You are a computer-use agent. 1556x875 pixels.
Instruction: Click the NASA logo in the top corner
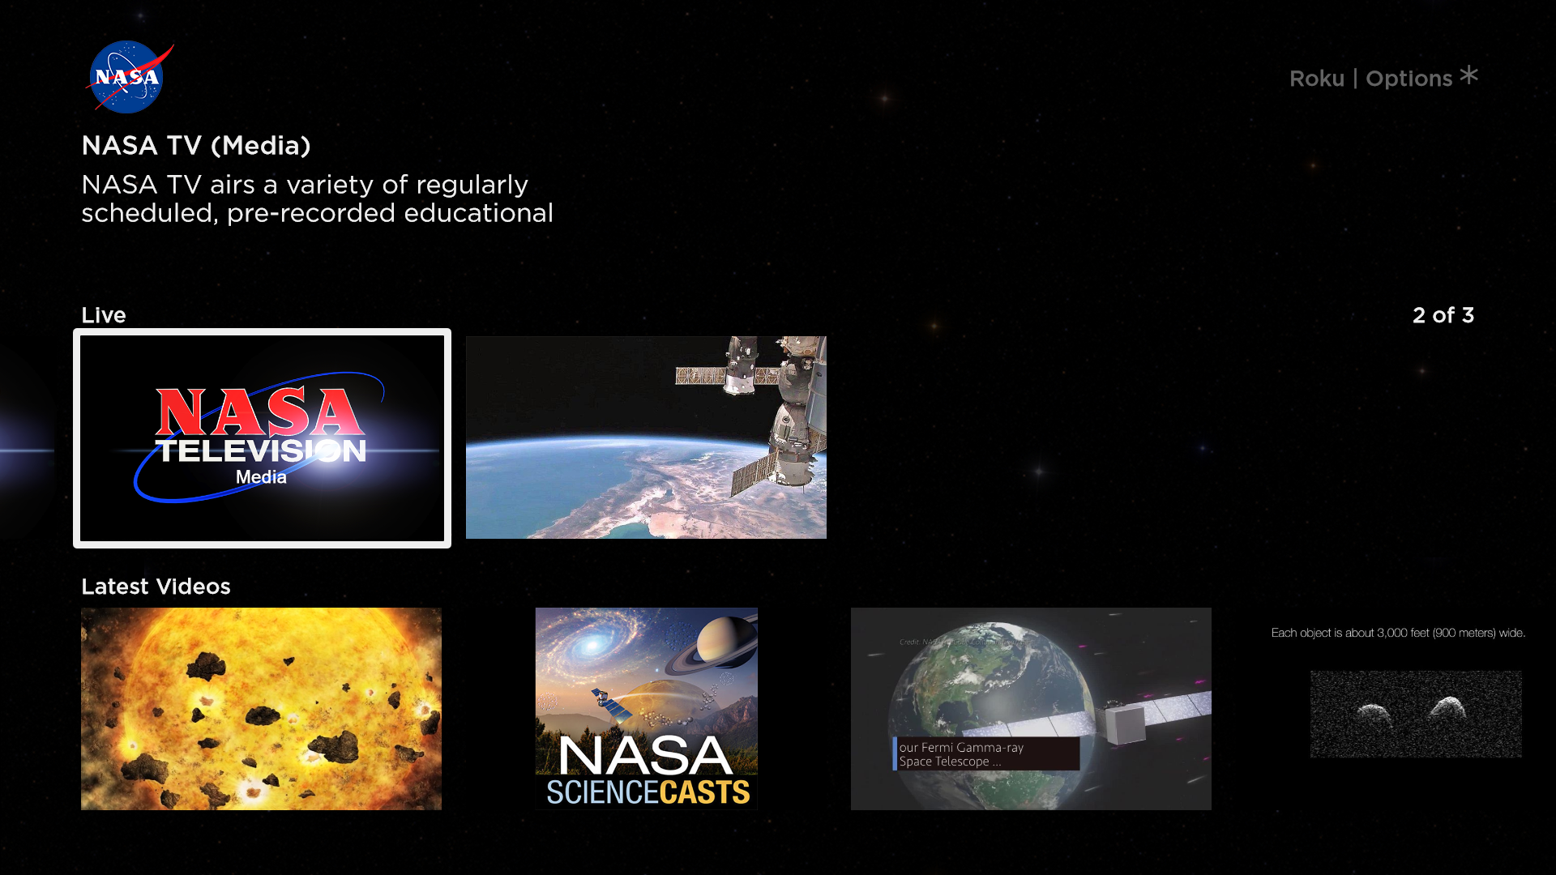127,77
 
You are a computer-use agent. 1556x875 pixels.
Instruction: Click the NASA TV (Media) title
196,146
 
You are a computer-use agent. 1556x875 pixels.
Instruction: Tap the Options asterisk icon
1468,76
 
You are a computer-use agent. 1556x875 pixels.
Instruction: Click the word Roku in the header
1316,79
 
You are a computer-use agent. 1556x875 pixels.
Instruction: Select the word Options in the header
1409,79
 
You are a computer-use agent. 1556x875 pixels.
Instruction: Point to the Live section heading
104,315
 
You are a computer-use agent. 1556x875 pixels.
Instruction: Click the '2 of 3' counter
1443,315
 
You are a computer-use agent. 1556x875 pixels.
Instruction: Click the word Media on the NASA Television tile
261,477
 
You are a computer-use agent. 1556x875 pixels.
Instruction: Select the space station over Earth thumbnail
646,437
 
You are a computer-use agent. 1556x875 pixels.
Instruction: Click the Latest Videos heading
156,587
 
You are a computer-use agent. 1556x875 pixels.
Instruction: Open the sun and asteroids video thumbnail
261,709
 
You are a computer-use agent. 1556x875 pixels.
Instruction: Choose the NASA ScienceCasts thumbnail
646,709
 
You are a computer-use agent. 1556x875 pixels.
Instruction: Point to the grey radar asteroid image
1416,714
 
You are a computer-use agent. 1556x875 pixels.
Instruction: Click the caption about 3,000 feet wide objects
1398,633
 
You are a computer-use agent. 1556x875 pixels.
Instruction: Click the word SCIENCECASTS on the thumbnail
648,792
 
